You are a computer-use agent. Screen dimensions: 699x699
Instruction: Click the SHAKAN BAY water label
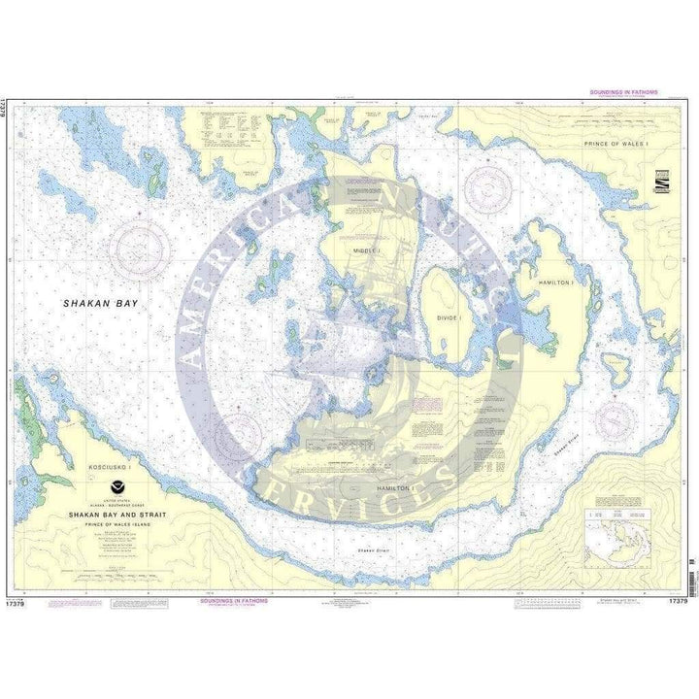(x=100, y=303)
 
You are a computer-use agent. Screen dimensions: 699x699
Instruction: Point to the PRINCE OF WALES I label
(x=621, y=144)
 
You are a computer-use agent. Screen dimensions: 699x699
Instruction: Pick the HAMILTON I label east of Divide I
(x=556, y=281)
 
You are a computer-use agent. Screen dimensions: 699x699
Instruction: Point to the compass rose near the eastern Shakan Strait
(x=615, y=420)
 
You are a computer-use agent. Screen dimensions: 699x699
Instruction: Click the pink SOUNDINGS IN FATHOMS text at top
(x=623, y=92)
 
